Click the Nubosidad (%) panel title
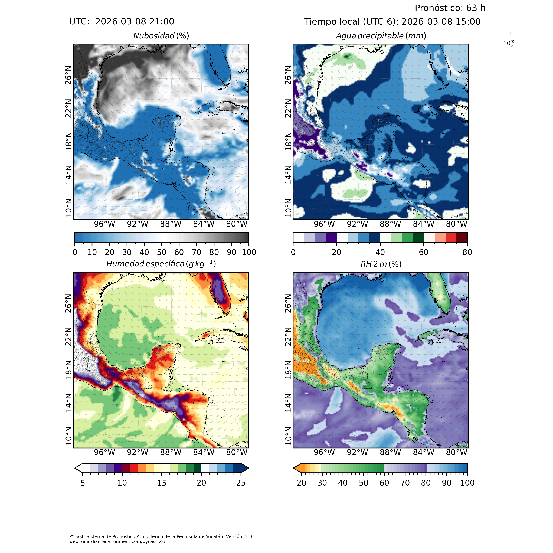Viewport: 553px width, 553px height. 161,36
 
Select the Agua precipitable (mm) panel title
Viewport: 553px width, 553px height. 381,36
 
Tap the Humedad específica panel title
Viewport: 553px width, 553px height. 161,264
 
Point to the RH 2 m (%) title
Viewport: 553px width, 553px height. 381,264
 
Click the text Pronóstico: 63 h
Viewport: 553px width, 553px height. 450,8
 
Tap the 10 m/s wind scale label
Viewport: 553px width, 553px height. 509,44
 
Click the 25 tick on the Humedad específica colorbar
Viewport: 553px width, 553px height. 241,483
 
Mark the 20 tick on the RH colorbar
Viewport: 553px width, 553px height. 301,483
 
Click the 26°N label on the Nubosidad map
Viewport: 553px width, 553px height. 68,75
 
